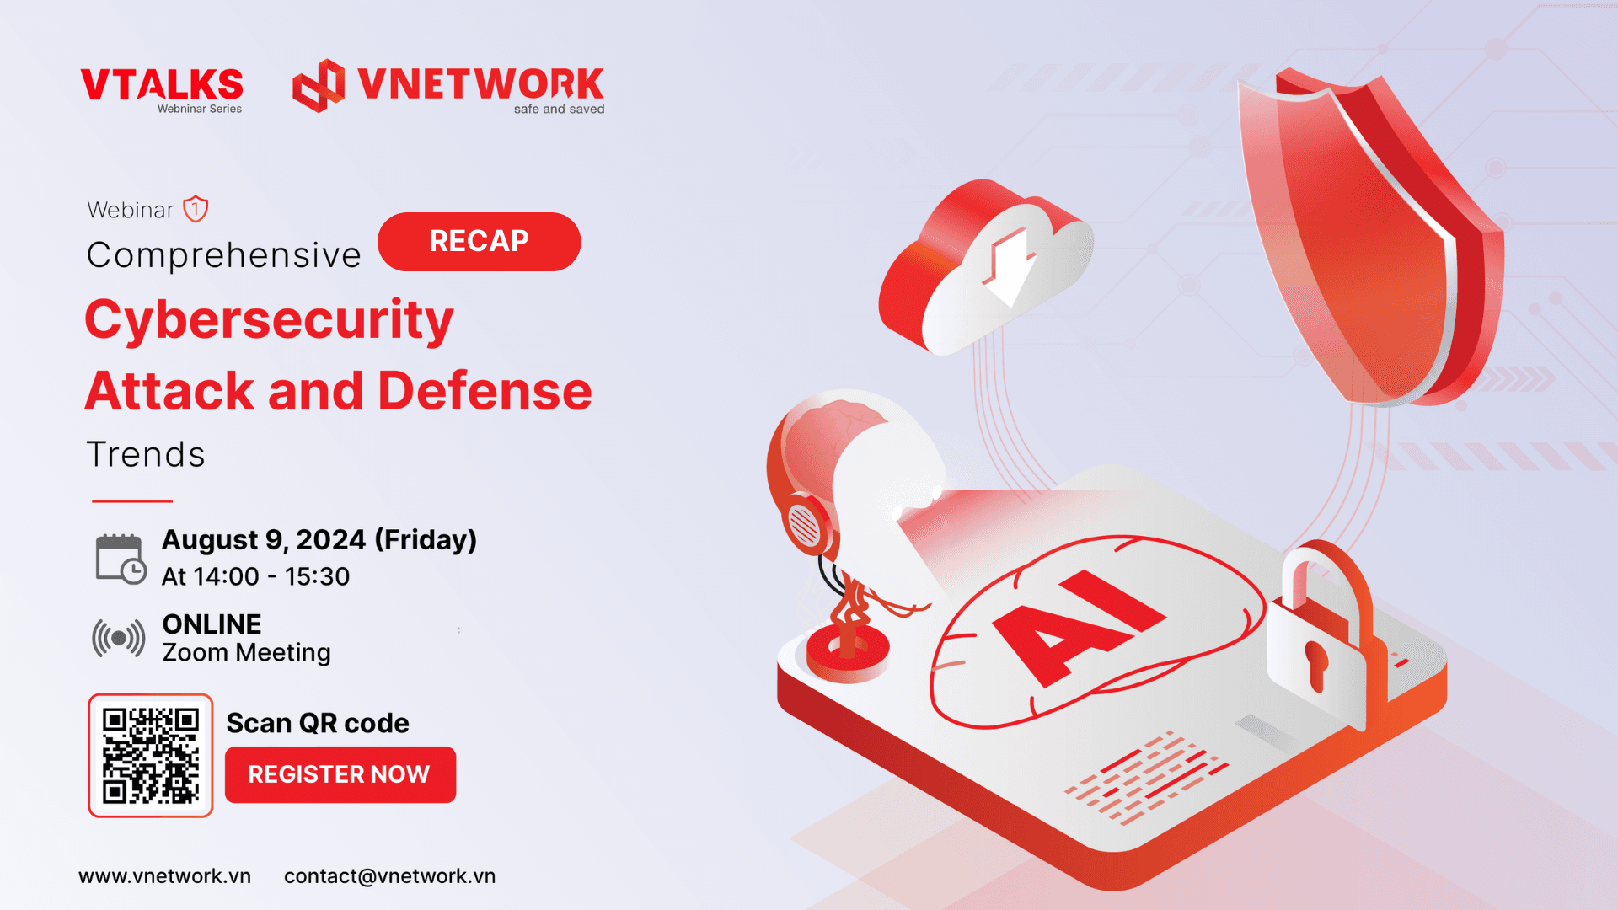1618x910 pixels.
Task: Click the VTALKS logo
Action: [162, 90]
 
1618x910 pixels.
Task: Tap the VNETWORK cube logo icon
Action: [319, 85]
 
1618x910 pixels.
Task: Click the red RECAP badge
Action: [479, 242]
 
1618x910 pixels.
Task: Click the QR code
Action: [151, 756]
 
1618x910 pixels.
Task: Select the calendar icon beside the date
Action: [121, 559]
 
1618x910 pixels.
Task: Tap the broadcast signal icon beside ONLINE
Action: [119, 638]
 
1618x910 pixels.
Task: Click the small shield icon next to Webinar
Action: [196, 208]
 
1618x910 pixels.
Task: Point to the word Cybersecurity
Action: [269, 321]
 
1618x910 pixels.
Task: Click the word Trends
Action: [146, 455]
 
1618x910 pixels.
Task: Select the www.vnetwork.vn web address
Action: [164, 876]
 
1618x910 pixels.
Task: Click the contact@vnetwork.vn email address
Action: [389, 876]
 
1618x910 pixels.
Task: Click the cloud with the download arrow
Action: [986, 267]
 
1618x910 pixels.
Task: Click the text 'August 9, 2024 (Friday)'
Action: [319, 540]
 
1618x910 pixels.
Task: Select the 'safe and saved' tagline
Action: [559, 109]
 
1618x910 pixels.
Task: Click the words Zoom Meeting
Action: [246, 653]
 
